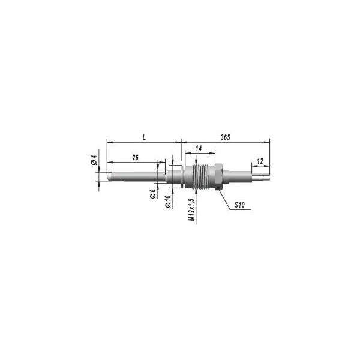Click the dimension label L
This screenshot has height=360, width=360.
tap(144, 138)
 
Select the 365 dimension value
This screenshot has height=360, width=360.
tap(225, 137)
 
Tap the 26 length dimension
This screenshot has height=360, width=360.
tap(136, 157)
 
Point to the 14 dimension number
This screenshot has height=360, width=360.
tap(199, 149)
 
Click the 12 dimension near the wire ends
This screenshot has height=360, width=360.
tap(260, 161)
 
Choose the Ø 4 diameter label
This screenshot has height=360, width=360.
tap(94, 160)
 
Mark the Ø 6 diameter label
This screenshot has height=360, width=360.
tap(153, 194)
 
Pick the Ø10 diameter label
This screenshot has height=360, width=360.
tap(168, 202)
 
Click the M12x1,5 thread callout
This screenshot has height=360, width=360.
tap(191, 209)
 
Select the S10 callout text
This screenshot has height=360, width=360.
tap(239, 205)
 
